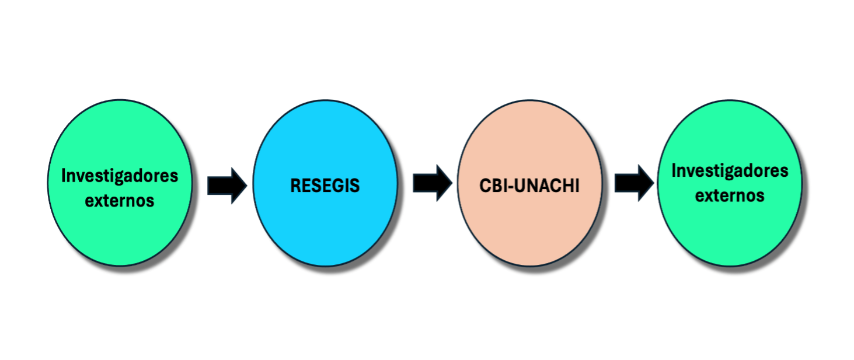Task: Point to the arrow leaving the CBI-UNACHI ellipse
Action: (x=634, y=183)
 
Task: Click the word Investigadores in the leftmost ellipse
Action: (x=120, y=176)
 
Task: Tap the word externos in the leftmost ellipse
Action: (x=120, y=200)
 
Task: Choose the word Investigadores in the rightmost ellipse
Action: (x=730, y=170)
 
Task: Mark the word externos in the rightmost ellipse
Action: (x=730, y=195)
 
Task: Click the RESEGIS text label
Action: (x=325, y=186)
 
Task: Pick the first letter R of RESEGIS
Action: (x=295, y=186)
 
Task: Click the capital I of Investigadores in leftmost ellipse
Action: (x=64, y=176)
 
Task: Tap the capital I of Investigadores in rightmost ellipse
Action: (x=674, y=170)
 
